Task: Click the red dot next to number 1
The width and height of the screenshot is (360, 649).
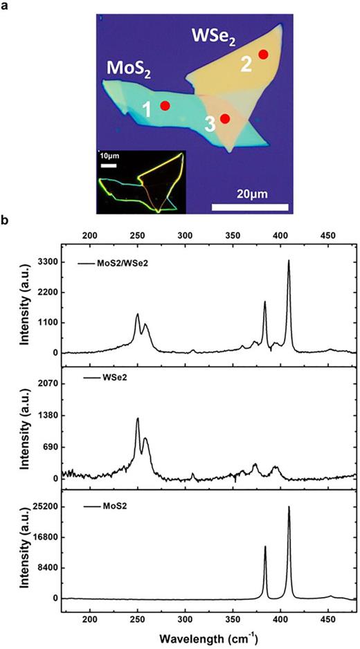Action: [165, 105]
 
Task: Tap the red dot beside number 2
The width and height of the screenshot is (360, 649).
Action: [263, 54]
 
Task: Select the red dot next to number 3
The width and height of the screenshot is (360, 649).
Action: [225, 118]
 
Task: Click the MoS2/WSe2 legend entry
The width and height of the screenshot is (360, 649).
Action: [134, 264]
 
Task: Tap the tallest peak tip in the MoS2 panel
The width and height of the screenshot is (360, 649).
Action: [289, 507]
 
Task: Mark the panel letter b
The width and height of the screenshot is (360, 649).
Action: [6, 221]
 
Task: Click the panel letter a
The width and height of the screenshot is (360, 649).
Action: [6, 7]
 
